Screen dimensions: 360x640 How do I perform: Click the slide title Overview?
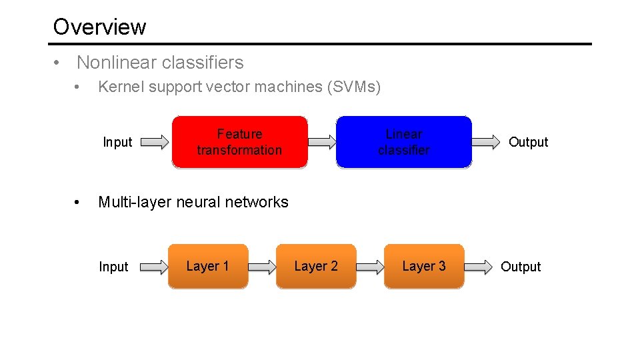coord(99,27)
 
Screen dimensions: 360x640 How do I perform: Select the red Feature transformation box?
coord(239,142)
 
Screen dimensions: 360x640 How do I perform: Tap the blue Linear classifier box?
coord(403,142)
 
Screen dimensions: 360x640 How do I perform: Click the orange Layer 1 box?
coord(207,267)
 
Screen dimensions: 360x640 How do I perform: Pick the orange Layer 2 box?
coord(316,267)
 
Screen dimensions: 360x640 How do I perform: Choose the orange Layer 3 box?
coord(423,267)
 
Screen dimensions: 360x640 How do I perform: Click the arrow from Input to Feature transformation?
coord(155,142)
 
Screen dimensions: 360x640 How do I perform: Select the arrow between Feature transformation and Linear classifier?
coord(323,141)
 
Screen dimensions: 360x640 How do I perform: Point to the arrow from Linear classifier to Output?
coord(487,141)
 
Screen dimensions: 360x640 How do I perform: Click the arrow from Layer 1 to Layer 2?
coord(261,267)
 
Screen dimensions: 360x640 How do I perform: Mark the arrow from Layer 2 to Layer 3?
coord(370,267)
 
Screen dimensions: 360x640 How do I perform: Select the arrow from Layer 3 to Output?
coord(478,267)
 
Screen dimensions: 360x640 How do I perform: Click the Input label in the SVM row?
coord(117,142)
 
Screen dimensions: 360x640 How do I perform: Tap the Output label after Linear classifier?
coord(528,142)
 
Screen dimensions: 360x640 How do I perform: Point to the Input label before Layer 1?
coord(113,267)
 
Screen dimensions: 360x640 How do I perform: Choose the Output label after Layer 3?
coord(521,267)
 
